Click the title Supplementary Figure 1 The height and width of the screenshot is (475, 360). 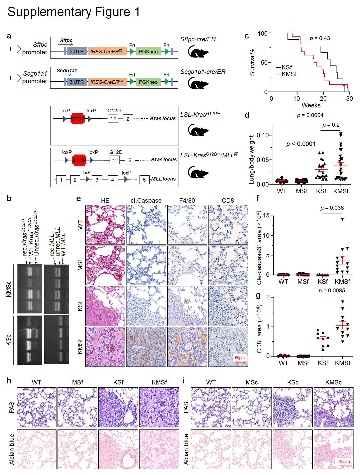(x=74, y=12)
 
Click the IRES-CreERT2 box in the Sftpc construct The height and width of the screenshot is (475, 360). (x=107, y=52)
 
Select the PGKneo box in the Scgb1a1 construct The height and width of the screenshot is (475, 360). (x=148, y=82)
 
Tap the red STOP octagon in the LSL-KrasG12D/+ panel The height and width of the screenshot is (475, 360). (x=78, y=119)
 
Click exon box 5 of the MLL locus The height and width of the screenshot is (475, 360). (x=144, y=180)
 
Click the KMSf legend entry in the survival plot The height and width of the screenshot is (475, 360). (x=289, y=74)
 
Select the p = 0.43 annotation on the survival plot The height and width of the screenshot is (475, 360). (x=320, y=38)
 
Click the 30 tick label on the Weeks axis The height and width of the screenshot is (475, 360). (x=349, y=99)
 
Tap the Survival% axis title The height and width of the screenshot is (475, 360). (x=252, y=62)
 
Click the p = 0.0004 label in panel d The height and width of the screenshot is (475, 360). (x=310, y=115)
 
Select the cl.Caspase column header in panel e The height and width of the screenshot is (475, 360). (x=146, y=201)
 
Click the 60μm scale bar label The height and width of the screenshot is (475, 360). (x=240, y=358)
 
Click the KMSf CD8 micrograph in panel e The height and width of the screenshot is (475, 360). (x=228, y=347)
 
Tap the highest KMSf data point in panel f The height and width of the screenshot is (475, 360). (x=342, y=219)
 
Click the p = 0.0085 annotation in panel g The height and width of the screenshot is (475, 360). (x=332, y=291)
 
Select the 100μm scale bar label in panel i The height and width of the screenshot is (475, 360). (x=344, y=461)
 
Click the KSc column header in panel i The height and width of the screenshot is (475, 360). (x=293, y=382)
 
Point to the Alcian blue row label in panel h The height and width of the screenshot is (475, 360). (x=12, y=449)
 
